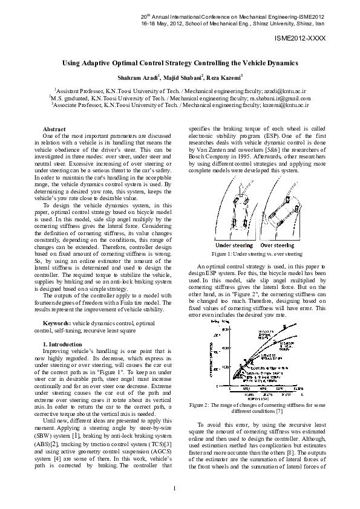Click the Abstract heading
pyautogui.click(x=54, y=129)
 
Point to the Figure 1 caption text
pyautogui.click(x=258, y=254)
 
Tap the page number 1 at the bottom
pyautogui.click(x=174, y=489)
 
